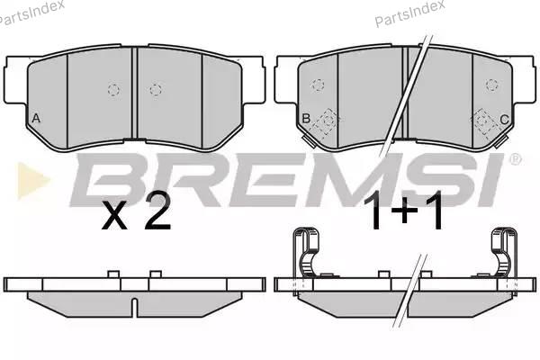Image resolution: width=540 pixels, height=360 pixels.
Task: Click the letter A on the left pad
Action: pyautogui.click(x=36, y=119)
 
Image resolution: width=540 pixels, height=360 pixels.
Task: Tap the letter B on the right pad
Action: pyautogui.click(x=306, y=119)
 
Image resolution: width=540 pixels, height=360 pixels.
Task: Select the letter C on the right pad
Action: pyautogui.click(x=504, y=120)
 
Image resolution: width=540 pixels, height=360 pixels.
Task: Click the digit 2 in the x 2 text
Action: pyautogui.click(x=157, y=210)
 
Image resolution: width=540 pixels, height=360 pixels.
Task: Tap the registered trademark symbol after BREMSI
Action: pyautogui.click(x=515, y=158)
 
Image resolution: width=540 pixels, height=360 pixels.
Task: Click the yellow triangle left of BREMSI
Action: pyautogui.click(x=33, y=181)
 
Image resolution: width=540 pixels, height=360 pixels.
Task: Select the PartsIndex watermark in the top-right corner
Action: pyautogui.click(x=409, y=13)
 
